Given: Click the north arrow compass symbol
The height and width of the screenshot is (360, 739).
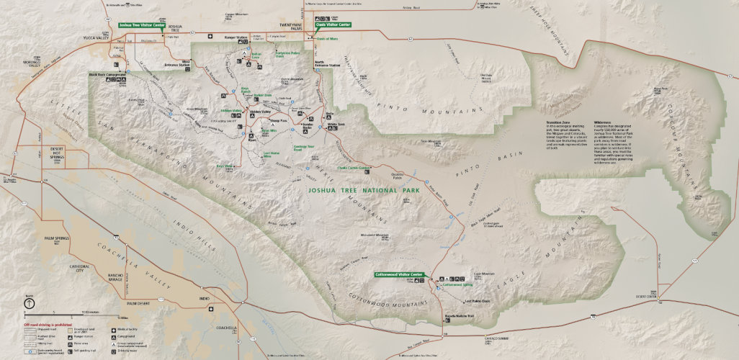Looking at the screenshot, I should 27,304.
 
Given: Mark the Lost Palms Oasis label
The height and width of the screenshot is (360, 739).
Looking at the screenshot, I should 476,300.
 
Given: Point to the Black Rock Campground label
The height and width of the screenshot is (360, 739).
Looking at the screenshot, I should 107,73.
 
